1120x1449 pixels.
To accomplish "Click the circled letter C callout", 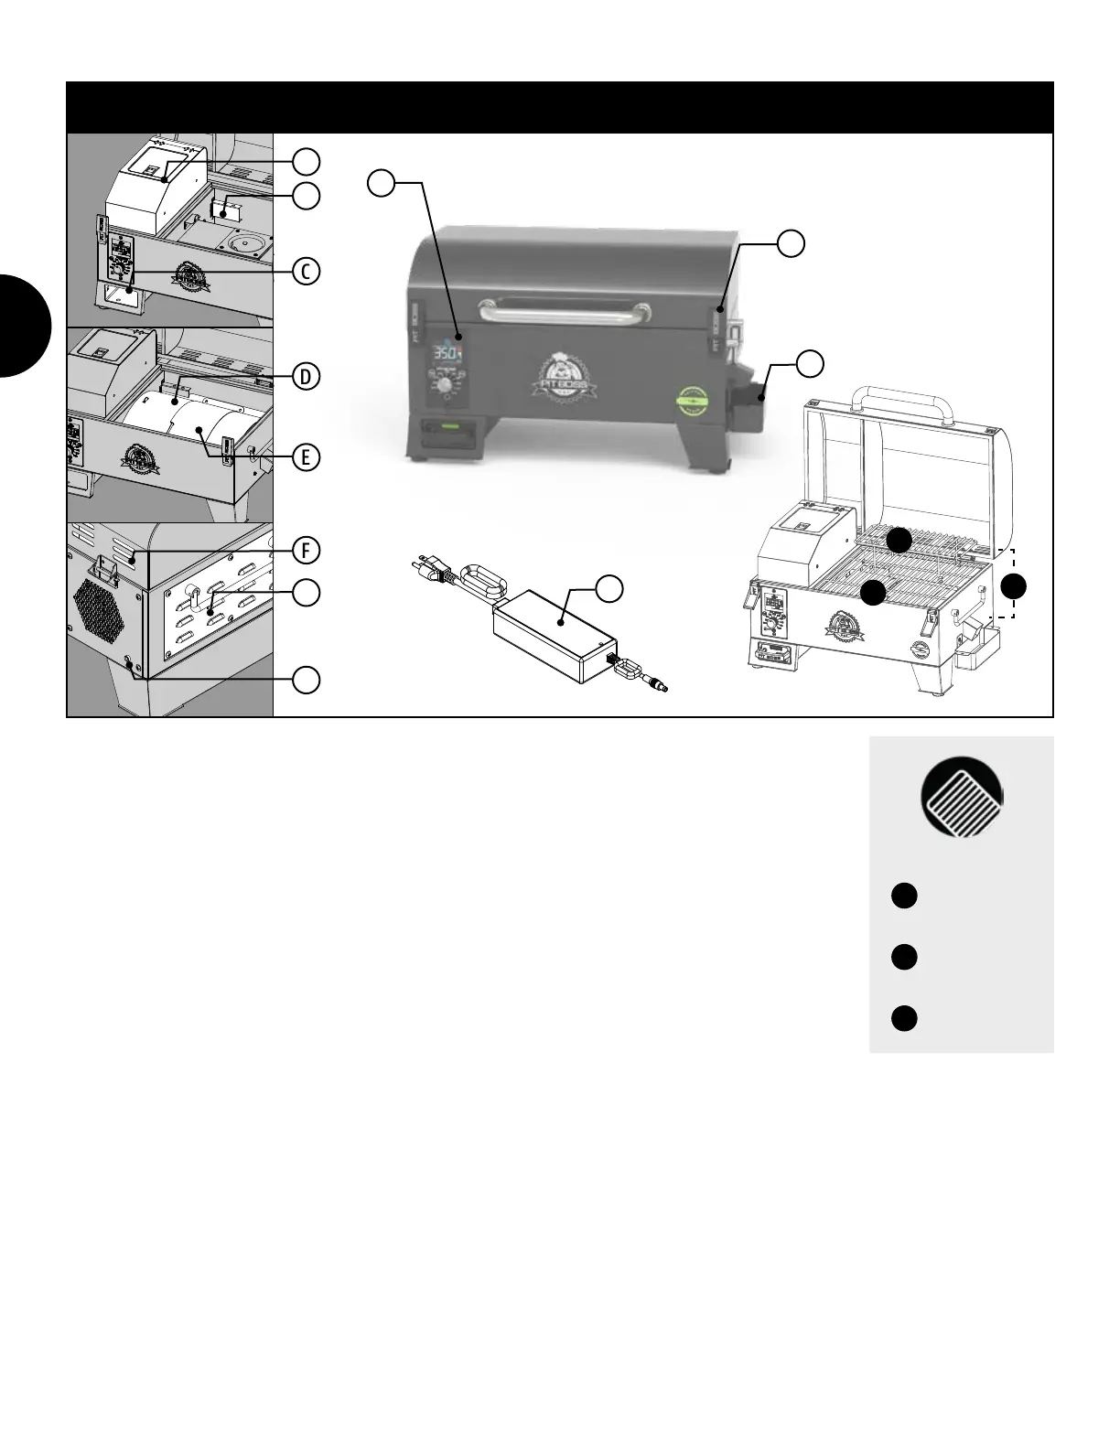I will pos(307,272).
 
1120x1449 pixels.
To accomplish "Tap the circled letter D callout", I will pos(307,376).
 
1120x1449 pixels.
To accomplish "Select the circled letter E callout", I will pos(307,456).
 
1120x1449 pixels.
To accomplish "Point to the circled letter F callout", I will pos(307,550).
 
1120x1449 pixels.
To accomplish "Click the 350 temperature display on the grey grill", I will pos(447,353).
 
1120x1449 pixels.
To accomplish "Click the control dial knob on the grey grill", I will pos(446,386).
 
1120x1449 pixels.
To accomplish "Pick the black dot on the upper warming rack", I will pos(899,540).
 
